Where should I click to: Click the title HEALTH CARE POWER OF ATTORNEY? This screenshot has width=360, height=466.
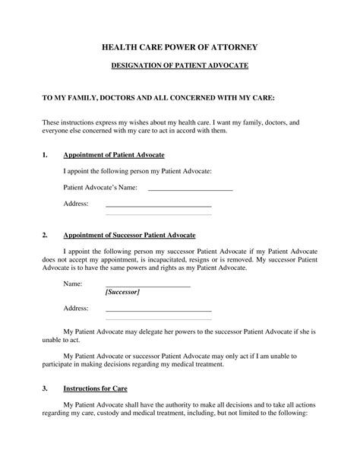coord(179,47)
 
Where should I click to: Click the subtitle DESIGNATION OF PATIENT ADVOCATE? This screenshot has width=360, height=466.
coord(179,67)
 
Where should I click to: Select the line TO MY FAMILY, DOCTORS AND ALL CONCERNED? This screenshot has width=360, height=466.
coord(147,99)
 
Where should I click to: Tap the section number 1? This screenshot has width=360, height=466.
coord(45,155)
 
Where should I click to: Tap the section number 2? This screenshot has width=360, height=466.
coord(45,235)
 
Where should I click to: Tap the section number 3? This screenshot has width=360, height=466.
coord(45,388)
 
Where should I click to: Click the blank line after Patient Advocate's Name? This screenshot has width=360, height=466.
coord(190,189)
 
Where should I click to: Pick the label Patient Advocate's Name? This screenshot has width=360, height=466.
coord(99,187)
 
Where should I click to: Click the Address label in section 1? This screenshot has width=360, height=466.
coord(76,204)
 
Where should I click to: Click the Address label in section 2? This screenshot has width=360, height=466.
coord(76,309)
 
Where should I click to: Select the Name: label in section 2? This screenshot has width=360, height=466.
coord(72,283)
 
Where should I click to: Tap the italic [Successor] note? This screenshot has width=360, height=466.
coord(122,292)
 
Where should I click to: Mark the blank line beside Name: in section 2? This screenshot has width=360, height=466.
coord(147,286)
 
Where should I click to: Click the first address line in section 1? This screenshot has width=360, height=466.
coord(158,206)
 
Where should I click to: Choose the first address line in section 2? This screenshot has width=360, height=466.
coord(158,311)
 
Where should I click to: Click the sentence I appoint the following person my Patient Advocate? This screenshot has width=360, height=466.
coord(137,171)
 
